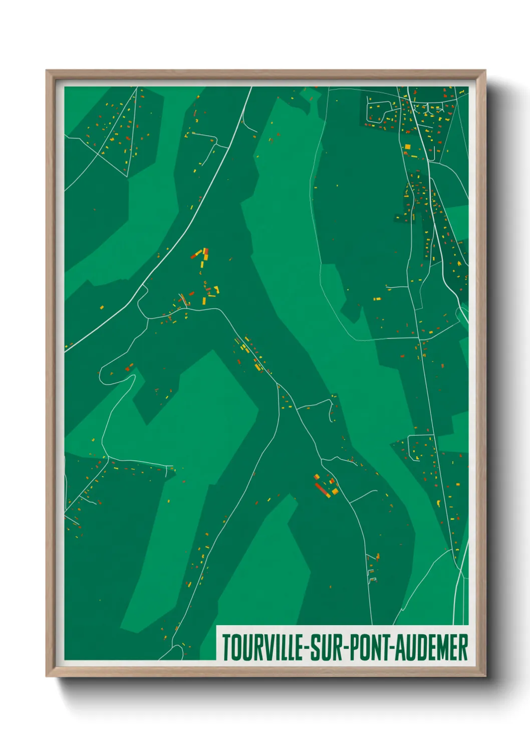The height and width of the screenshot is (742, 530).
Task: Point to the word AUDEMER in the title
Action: coord(431,647)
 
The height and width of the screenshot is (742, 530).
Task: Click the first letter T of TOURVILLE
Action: coord(226,647)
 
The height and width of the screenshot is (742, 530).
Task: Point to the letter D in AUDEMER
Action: coord(420,647)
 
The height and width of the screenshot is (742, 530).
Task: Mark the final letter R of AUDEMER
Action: coord(463,647)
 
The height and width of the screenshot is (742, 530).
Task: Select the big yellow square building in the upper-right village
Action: coord(407,147)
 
